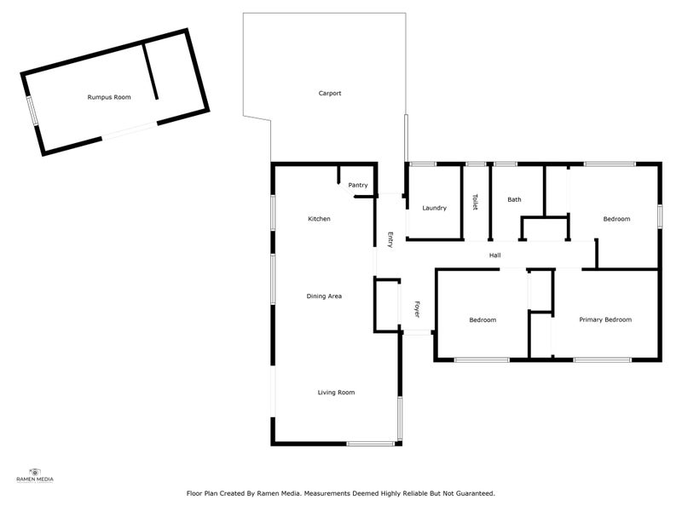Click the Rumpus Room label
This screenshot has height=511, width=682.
[x=109, y=98]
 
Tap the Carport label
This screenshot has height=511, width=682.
[x=330, y=93]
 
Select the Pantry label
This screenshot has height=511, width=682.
[x=358, y=185]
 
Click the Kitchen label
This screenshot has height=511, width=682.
[x=319, y=219]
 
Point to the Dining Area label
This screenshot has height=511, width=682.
[x=324, y=296]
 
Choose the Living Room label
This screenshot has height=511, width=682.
[x=336, y=392]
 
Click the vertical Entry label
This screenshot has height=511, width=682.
[x=390, y=240]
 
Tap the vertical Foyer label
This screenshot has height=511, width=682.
[x=418, y=309]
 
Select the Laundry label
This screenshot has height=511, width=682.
[x=435, y=208]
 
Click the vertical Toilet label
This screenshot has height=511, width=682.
[x=475, y=202]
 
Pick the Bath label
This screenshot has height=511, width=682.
[x=514, y=199]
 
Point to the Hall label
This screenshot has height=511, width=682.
[x=494, y=255]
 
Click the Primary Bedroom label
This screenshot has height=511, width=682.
[x=605, y=319]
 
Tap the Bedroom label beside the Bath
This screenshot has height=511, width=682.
[x=616, y=219]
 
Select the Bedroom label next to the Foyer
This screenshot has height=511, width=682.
[x=483, y=319]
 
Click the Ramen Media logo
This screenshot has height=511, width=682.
[x=35, y=474]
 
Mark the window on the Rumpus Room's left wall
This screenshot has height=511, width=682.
[x=32, y=112]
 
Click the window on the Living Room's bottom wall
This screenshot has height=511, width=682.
[x=371, y=444]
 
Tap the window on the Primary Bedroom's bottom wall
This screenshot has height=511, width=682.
[x=602, y=360]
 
